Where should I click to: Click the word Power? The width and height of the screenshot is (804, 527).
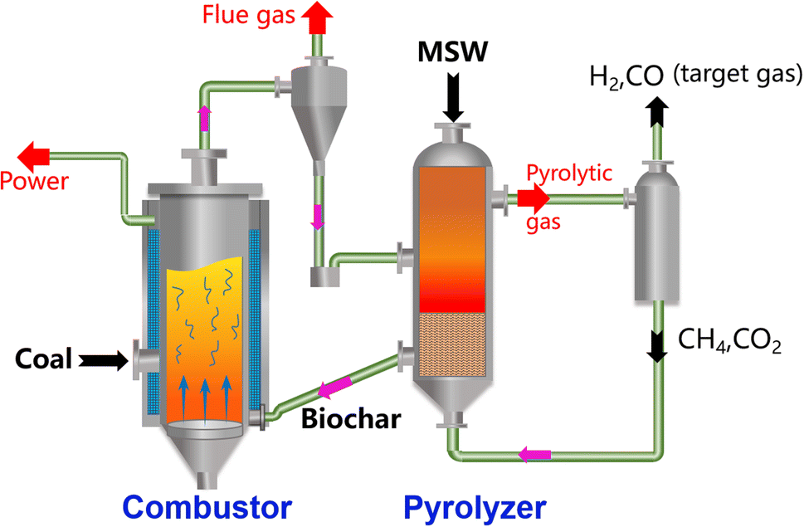pyautogui.click(x=35, y=180)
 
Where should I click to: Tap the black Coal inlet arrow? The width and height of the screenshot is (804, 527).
pyautogui.click(x=99, y=359)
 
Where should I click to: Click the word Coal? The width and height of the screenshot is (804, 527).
pyautogui.click(x=44, y=359)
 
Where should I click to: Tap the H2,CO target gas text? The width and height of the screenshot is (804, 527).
pyautogui.click(x=694, y=76)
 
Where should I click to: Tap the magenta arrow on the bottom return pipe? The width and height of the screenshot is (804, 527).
pyautogui.click(x=534, y=454)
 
